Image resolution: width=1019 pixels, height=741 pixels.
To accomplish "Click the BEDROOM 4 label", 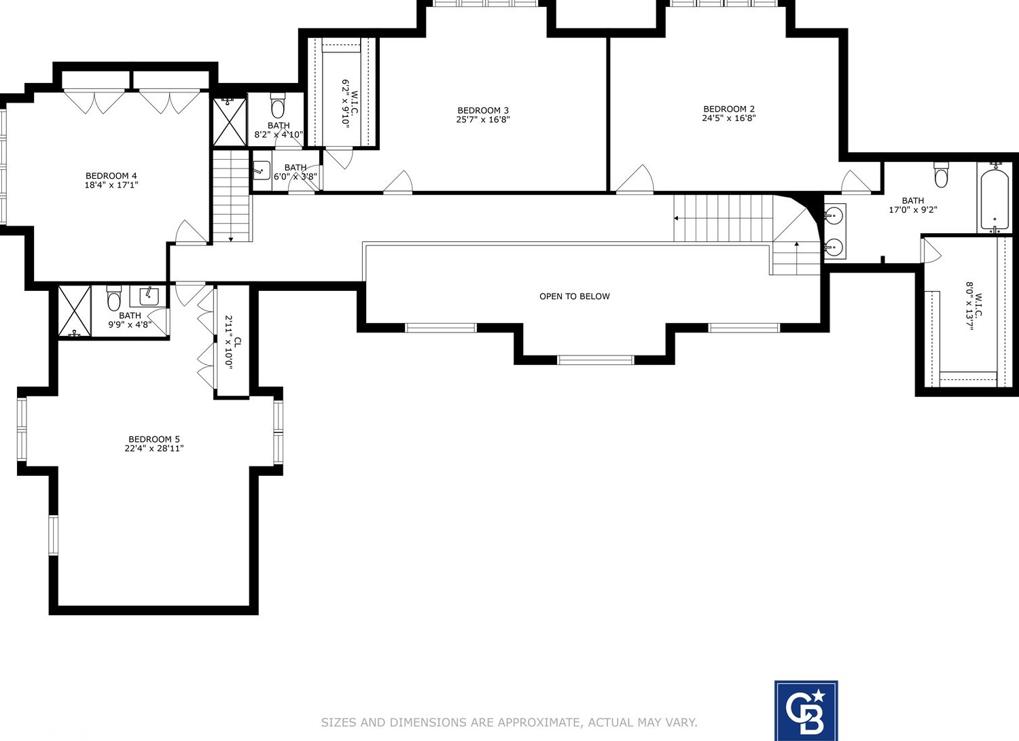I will point(111,176).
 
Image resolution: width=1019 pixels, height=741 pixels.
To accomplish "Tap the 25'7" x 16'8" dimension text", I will point(483,120).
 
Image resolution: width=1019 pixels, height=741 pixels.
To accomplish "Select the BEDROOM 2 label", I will point(729,109).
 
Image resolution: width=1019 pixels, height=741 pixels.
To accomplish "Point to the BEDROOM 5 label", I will point(154,439).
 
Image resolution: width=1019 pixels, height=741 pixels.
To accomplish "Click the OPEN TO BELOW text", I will point(575,296).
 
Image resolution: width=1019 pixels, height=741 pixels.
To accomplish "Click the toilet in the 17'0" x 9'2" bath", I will point(941,175).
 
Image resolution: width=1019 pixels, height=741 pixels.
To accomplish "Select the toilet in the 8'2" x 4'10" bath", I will point(278,107).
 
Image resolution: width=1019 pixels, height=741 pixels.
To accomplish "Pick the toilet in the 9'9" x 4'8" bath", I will point(114,298).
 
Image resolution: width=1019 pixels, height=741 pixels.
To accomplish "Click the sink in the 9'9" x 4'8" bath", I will point(149,296).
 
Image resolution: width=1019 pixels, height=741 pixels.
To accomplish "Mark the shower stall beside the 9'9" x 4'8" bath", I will point(74,311).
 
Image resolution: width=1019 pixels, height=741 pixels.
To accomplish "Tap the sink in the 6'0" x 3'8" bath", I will point(262,171).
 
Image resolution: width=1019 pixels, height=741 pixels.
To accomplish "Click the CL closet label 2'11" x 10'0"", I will point(233,342).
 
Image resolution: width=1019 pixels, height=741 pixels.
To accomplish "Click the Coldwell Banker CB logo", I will point(806,710).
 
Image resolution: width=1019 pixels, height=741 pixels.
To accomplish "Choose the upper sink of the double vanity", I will point(834,216).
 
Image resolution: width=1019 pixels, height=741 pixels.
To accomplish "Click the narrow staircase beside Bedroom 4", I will point(232,196).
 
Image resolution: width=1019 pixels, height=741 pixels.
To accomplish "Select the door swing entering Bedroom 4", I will point(190,232).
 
